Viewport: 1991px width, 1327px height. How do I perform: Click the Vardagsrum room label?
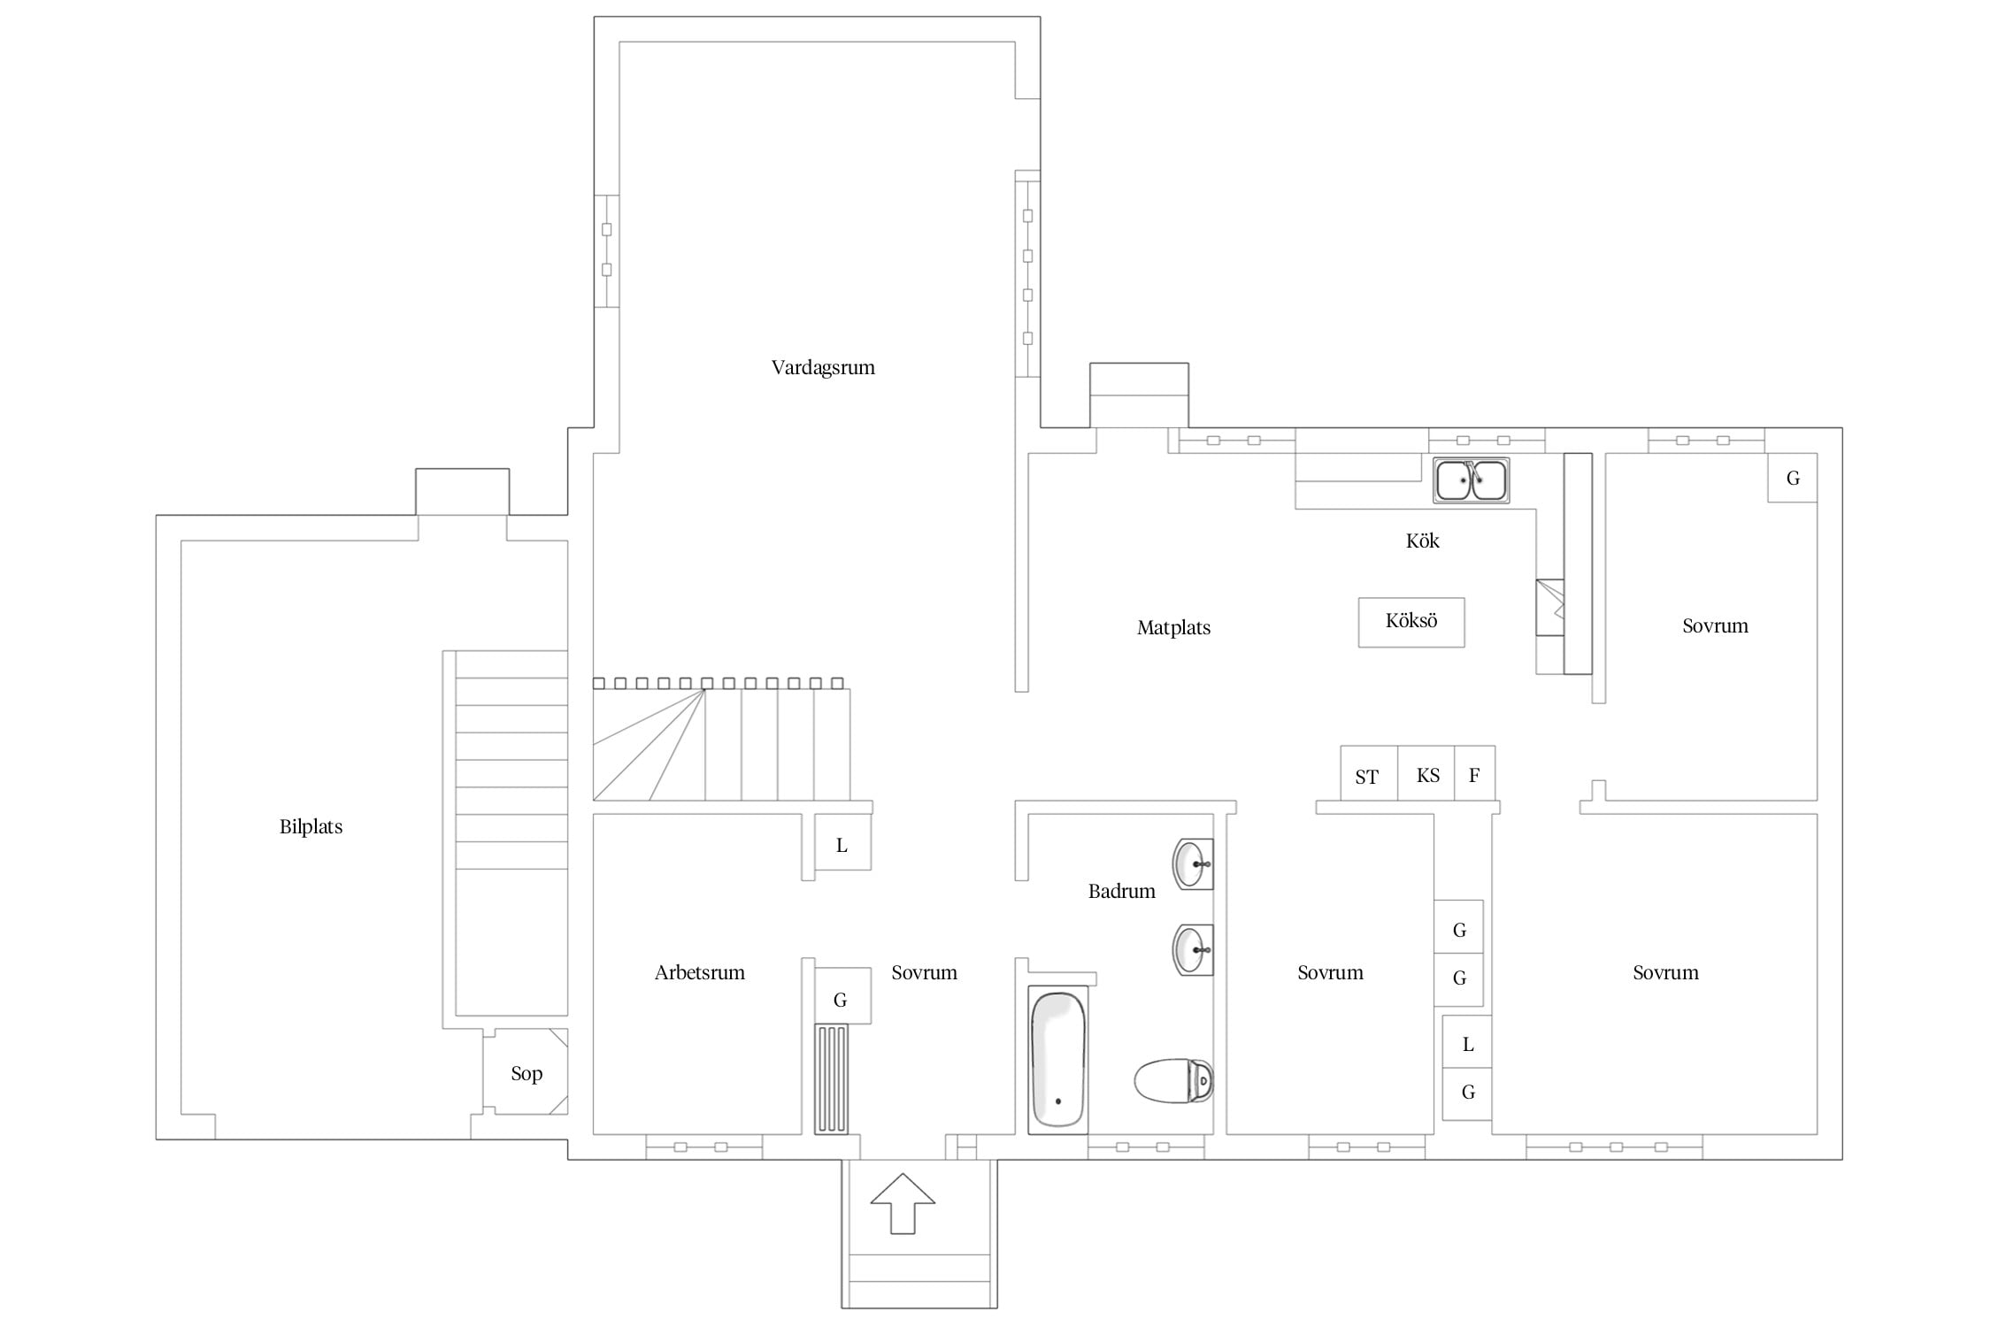coord(823,368)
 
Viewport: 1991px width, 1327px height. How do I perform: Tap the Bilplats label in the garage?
coord(311,827)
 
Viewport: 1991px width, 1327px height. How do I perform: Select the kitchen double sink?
coord(1472,480)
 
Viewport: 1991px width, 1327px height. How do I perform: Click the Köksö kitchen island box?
coord(1411,622)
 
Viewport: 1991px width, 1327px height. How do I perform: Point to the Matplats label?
coord(1173,628)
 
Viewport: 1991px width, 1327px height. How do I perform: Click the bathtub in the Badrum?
coord(1057,1060)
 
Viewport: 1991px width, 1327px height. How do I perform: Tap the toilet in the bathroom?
coord(1173,1081)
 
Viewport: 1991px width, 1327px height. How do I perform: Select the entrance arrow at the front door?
coord(903,1203)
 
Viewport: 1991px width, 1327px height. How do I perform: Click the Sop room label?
coord(527,1074)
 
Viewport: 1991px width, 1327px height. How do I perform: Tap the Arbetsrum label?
coord(699,973)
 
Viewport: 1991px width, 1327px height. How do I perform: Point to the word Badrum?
coord(1121,892)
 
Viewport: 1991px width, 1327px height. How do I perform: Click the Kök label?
coord(1422,541)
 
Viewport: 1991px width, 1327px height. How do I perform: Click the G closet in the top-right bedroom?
coord(1793,478)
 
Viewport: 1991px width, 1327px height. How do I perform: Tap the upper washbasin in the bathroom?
coord(1193,863)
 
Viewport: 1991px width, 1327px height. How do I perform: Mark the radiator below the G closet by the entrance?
coord(832,1079)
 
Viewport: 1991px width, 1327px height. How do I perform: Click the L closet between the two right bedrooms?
coord(1467,1044)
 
